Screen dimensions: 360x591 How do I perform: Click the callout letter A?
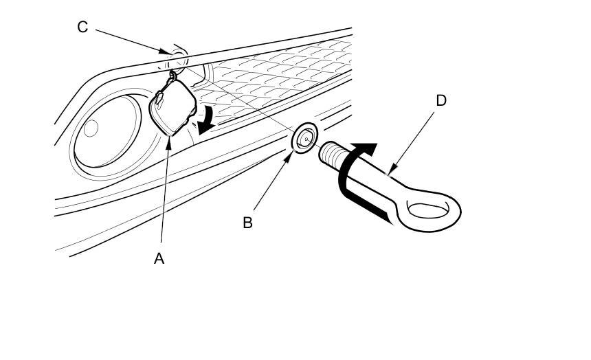click(x=159, y=258)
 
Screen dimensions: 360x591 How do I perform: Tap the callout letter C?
click(x=82, y=27)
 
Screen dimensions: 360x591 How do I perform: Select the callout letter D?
click(x=441, y=100)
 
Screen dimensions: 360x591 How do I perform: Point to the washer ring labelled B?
click(x=304, y=137)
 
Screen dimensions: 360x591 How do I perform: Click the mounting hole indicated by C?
click(x=178, y=58)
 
